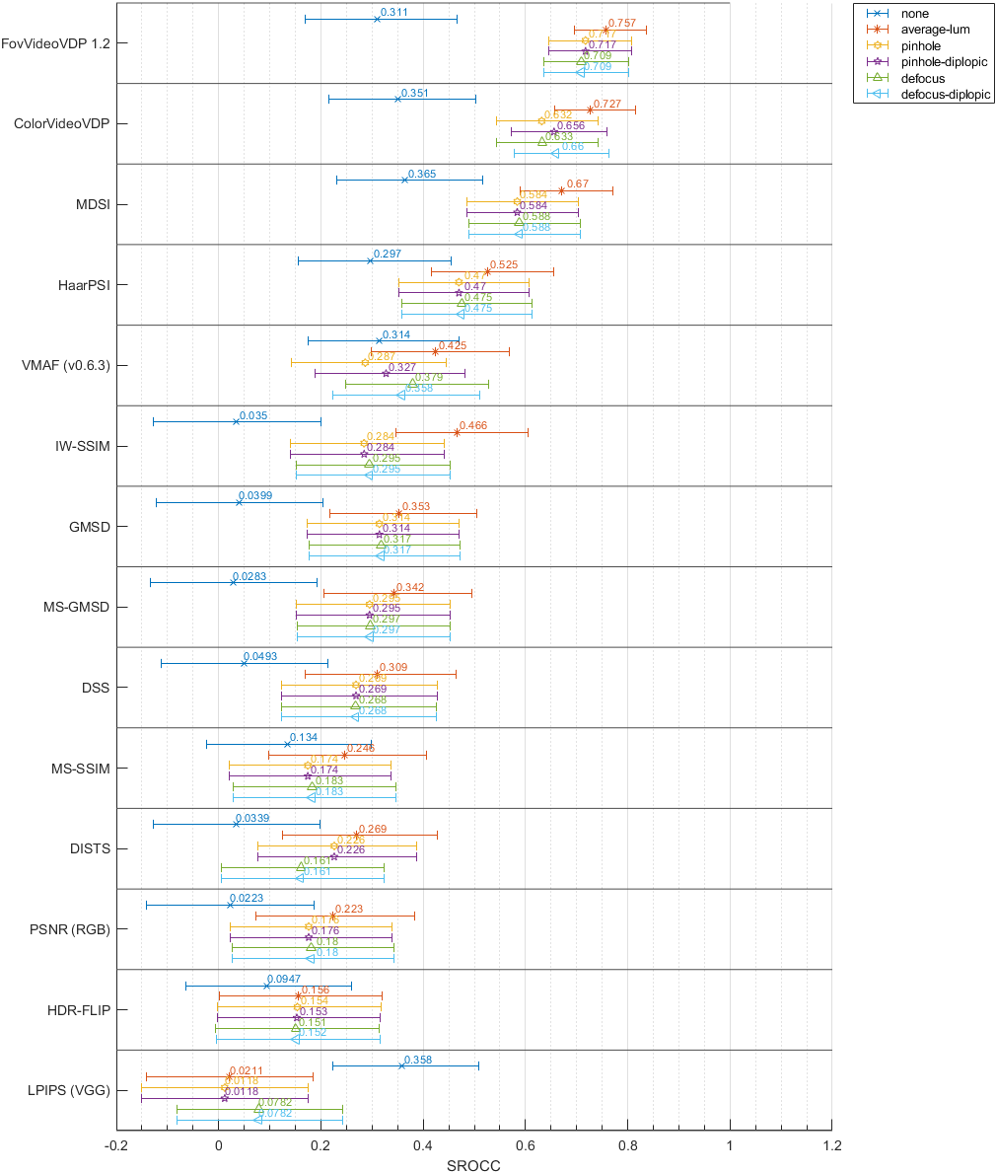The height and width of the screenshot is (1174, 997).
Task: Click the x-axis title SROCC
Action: [474, 1165]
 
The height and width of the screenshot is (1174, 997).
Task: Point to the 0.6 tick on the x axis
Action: [526, 1144]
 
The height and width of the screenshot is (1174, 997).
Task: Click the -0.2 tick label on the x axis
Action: [116, 1144]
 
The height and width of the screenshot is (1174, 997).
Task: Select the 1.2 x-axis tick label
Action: [832, 1144]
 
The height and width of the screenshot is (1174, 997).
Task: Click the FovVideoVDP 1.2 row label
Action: [56, 43]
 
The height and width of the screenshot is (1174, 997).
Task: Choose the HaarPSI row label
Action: [84, 285]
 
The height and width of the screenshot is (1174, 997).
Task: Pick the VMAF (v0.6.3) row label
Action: [66, 365]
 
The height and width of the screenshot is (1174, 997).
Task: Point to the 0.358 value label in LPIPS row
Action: [418, 1060]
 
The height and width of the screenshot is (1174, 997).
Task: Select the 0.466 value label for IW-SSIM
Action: [472, 425]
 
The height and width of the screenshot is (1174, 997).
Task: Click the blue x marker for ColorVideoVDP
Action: [397, 99]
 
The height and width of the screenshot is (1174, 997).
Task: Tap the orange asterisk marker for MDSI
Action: [561, 190]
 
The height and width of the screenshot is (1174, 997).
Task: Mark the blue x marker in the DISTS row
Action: [236, 824]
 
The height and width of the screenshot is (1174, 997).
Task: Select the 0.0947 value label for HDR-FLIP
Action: [284, 979]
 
